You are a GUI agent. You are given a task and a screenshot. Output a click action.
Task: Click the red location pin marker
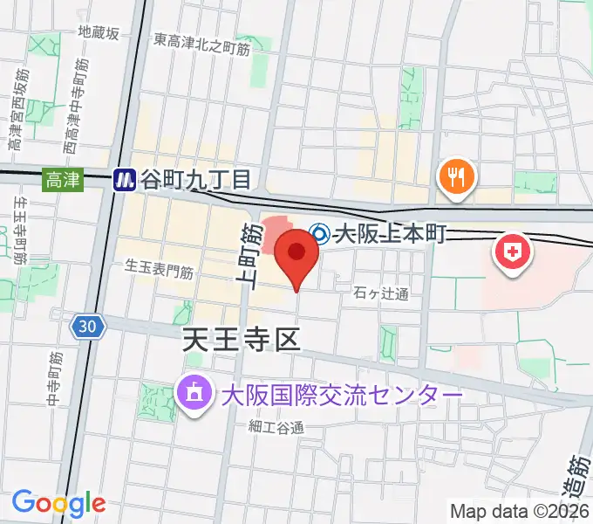click(x=296, y=255)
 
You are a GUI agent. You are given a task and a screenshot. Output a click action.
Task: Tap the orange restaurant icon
click(x=454, y=178)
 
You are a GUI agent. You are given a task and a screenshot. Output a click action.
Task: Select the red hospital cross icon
click(x=514, y=253)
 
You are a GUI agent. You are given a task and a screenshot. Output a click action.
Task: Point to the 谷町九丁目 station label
click(x=198, y=180)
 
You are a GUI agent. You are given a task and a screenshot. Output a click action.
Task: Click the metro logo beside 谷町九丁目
click(x=126, y=180)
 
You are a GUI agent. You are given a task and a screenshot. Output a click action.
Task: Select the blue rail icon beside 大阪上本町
click(x=320, y=234)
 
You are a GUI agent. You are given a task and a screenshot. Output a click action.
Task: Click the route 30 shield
click(x=88, y=327)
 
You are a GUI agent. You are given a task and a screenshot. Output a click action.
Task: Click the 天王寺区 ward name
click(x=242, y=338)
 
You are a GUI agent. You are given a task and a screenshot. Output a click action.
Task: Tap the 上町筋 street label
click(x=249, y=255)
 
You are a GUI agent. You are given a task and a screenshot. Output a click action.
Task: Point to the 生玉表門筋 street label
click(x=158, y=269)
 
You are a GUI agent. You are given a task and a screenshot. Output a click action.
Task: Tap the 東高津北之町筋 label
click(x=201, y=40)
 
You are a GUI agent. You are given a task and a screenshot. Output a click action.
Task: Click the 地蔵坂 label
click(x=98, y=32)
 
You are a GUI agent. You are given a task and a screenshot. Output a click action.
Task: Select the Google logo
click(x=58, y=503)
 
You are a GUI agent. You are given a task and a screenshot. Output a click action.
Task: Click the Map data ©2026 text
click(x=520, y=511)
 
